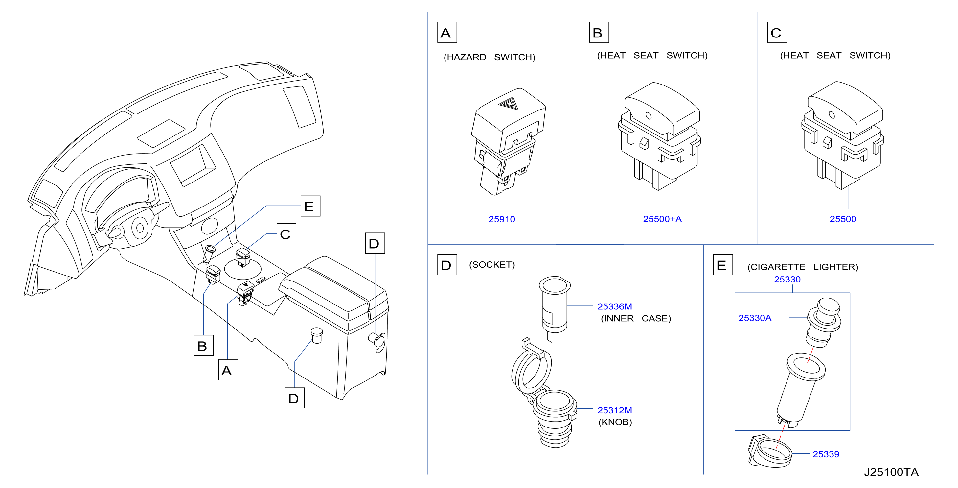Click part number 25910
(502, 219)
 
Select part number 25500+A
(662, 219)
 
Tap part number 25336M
(614, 306)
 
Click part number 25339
(826, 454)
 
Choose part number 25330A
(755, 318)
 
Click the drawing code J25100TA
(891, 472)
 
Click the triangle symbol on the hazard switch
(508, 103)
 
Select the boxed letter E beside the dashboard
(310, 206)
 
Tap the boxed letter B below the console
(203, 345)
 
